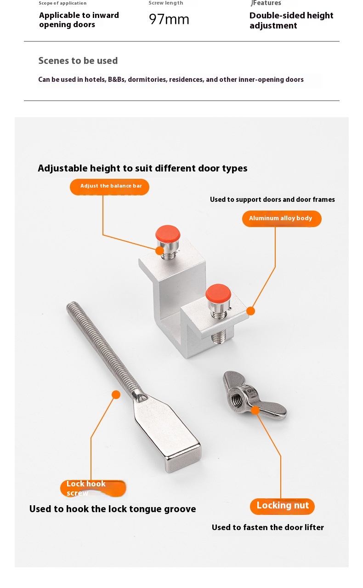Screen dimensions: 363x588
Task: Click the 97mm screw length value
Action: point(169,19)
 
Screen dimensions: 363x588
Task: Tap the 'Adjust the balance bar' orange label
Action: point(109,187)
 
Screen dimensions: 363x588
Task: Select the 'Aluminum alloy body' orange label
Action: point(282,219)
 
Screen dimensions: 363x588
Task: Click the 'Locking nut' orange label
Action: point(282,506)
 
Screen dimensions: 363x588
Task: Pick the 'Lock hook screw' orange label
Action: point(93,488)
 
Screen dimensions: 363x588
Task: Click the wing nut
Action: point(255,395)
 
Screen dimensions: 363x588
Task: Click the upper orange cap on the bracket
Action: point(168,234)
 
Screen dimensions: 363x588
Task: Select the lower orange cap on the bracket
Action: point(218,292)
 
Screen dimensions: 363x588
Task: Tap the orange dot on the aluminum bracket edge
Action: point(251,311)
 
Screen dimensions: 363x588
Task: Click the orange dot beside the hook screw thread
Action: point(116,394)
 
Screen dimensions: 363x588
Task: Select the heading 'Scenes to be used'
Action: point(78,61)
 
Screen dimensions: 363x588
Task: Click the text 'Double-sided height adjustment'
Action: point(291,21)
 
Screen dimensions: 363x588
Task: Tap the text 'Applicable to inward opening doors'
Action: point(79,20)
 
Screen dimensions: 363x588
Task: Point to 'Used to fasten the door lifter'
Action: point(268,527)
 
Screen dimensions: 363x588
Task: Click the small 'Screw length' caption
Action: point(166,3)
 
